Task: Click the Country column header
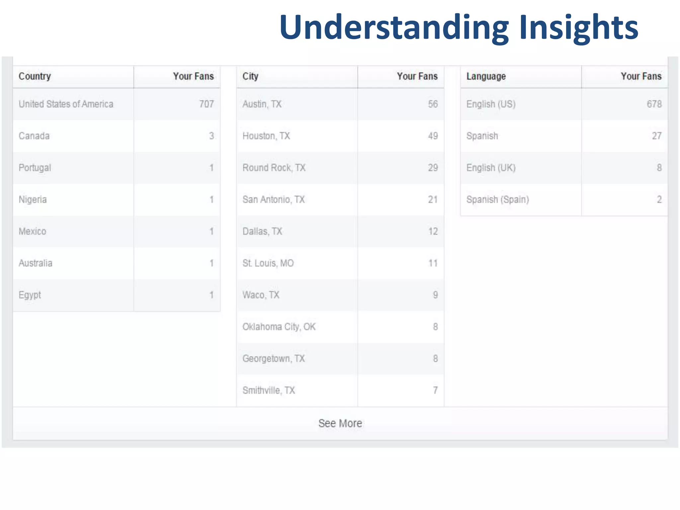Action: point(35,76)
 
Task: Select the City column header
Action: point(250,76)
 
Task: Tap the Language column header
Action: point(486,76)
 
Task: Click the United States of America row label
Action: point(66,104)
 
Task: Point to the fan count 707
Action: point(206,104)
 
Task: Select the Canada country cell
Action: point(34,136)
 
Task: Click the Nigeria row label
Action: point(33,200)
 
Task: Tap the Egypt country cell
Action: point(30,295)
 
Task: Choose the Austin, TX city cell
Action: point(262,104)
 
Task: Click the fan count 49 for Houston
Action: point(433,136)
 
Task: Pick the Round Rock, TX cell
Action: point(274,168)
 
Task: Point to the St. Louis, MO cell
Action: point(268,263)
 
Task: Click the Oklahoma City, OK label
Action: point(279,327)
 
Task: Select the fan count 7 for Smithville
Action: point(435,390)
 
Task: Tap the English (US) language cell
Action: point(491,104)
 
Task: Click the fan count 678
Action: point(654,104)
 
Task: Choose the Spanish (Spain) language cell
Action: point(497,200)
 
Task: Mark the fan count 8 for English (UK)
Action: point(659,168)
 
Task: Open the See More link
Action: point(340,423)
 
